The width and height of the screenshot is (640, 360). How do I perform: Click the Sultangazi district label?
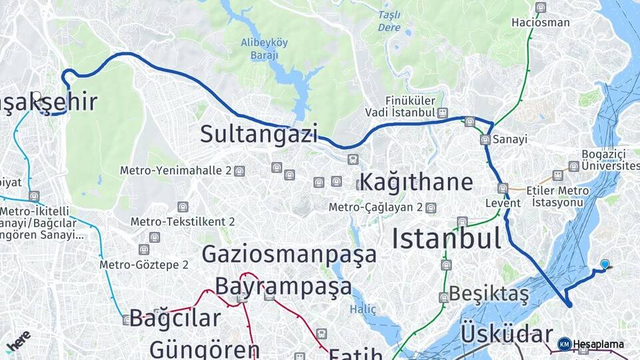pos(259,134)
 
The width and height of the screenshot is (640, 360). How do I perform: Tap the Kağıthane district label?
pos(416,182)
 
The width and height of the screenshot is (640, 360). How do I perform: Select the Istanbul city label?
pos(446,238)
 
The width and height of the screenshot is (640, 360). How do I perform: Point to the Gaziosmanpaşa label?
pos(289,254)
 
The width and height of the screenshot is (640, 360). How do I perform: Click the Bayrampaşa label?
pos(283,286)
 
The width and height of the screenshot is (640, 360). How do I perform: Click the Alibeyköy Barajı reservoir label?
pos(264,49)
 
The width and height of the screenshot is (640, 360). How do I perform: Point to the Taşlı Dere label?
pos(389,21)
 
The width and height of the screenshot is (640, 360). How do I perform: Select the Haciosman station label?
pos(540,23)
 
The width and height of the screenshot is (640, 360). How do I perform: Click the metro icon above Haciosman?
pos(540,8)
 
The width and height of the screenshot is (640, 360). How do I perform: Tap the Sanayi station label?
pos(510,139)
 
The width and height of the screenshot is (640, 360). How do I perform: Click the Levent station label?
pos(502,202)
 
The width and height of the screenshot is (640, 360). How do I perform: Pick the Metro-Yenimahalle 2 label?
pos(176,171)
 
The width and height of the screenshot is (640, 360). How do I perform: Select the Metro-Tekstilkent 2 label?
pos(182,221)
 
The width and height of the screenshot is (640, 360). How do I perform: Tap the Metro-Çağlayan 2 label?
pos(375,207)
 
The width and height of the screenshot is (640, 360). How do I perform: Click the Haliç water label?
pos(363,309)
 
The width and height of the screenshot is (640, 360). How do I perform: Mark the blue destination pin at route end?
pos(605,265)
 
